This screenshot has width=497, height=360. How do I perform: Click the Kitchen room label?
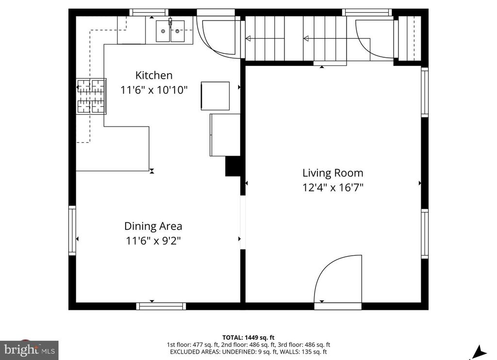click(x=153, y=76)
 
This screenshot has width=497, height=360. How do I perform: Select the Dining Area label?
click(x=153, y=226)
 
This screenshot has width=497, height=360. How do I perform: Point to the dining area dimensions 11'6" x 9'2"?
click(x=153, y=240)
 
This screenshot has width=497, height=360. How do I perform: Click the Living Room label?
click(x=332, y=173)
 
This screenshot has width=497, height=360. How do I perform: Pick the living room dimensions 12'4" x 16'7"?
click(x=332, y=187)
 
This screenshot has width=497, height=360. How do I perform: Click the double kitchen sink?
click(x=170, y=31)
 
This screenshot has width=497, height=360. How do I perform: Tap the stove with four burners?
click(x=91, y=96)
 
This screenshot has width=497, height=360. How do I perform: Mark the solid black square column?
click(x=233, y=166)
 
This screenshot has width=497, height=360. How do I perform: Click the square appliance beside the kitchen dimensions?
click(x=215, y=96)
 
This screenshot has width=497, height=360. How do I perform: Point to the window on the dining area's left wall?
click(x=72, y=230)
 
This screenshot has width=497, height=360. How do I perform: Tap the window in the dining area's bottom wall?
click(x=161, y=306)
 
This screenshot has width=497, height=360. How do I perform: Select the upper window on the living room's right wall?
click(x=425, y=92)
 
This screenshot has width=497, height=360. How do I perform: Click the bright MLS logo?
click(x=29, y=349)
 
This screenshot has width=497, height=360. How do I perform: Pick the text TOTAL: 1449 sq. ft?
click(x=248, y=337)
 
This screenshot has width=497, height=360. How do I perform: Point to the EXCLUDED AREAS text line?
click(x=248, y=352)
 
